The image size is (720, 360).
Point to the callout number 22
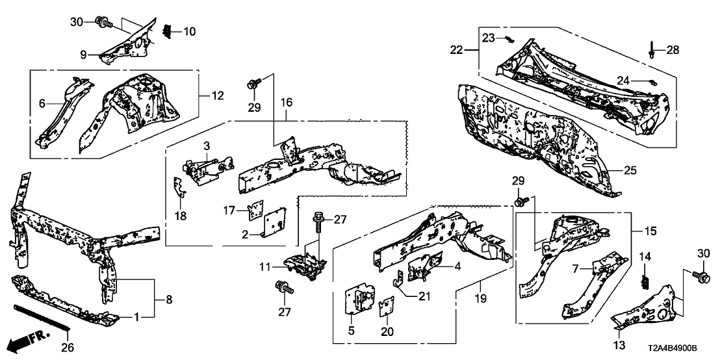click(x=457, y=49)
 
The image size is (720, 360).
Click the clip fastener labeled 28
click(x=652, y=49)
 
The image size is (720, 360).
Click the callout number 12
click(x=216, y=96)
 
